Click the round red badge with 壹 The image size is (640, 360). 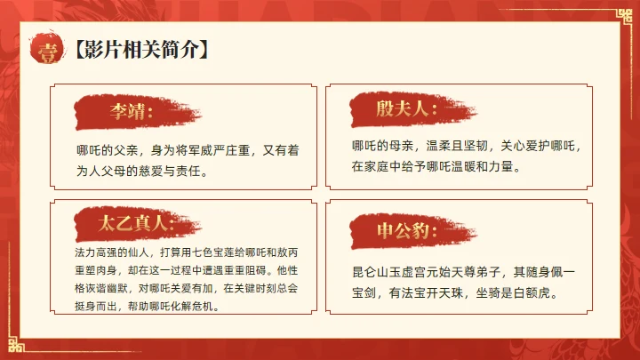click(x=45, y=50)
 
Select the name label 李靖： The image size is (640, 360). click(x=131, y=113)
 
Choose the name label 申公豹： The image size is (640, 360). click(x=403, y=232)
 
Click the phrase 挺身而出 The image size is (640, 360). click(x=92, y=307)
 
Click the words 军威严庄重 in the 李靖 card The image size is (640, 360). click(x=209, y=151)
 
